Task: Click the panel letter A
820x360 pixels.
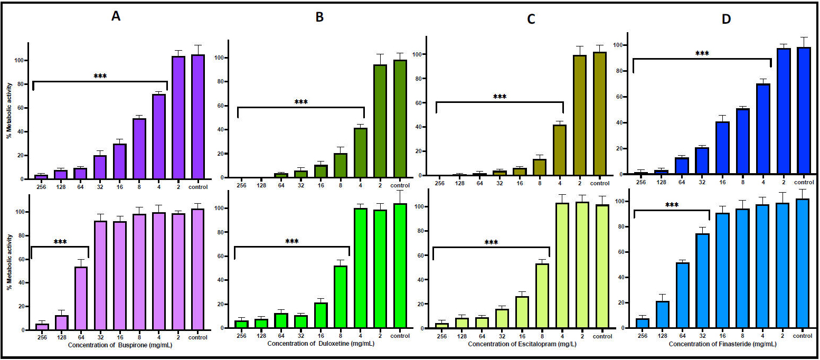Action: [x=116, y=16]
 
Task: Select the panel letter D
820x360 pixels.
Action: [x=727, y=19]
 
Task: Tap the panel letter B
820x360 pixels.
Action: [x=319, y=17]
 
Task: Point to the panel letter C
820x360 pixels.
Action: [x=531, y=20]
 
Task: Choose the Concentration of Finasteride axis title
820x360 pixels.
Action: [x=722, y=344]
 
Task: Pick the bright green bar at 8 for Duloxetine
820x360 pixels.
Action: [x=341, y=297]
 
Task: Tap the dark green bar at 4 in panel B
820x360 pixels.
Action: [x=360, y=153]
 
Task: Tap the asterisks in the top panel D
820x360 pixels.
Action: [x=702, y=54]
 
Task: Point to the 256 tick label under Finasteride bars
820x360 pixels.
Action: [x=642, y=336]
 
